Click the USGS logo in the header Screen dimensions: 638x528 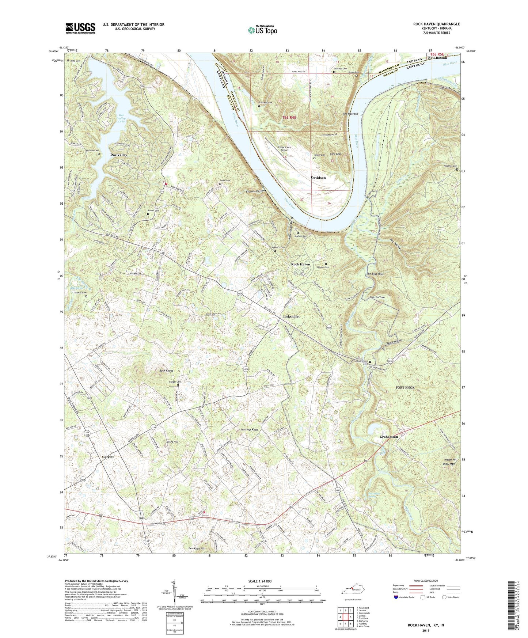(x=80, y=28)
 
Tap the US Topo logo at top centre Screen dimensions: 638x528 (x=262, y=30)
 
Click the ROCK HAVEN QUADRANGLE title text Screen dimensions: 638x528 (x=436, y=24)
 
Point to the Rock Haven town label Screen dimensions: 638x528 (x=300, y=264)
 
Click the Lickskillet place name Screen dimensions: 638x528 (x=292, y=316)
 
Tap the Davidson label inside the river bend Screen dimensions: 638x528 (x=318, y=178)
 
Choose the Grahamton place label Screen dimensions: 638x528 (x=388, y=437)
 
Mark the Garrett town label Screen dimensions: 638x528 (x=108, y=457)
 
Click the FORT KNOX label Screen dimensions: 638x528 (x=405, y=387)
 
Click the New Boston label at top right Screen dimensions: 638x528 (x=437, y=58)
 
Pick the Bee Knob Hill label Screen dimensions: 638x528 (x=197, y=548)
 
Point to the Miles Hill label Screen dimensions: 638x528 (x=171, y=442)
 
